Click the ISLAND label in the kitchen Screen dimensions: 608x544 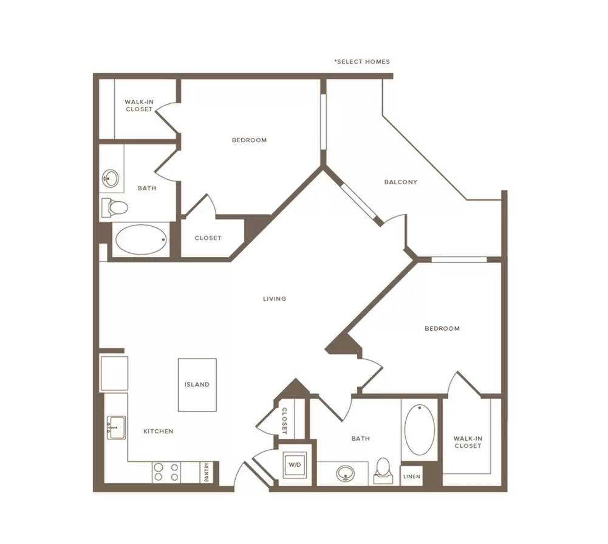click(197, 385)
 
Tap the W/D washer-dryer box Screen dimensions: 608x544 click(295, 464)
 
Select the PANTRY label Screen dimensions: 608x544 click(207, 472)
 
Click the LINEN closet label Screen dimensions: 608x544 click(411, 477)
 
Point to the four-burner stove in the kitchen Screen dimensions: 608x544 click(166, 472)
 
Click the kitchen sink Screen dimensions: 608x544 click(116, 427)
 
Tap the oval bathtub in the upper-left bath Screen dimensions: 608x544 click(141, 239)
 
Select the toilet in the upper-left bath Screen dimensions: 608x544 click(114, 208)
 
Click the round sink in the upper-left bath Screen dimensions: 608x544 click(111, 179)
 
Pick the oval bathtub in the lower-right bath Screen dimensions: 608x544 click(420, 430)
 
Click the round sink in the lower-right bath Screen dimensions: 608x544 click(345, 473)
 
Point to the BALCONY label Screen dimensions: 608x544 click(401, 182)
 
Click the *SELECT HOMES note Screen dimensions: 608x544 click(362, 62)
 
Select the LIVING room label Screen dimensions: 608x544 click(275, 299)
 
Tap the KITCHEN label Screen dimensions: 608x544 click(158, 431)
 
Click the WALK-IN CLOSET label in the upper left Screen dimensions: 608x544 click(139, 106)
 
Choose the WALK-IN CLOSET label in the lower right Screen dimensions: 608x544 click(468, 442)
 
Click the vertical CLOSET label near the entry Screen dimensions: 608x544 click(284, 421)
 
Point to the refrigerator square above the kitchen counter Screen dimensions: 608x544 click(114, 373)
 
